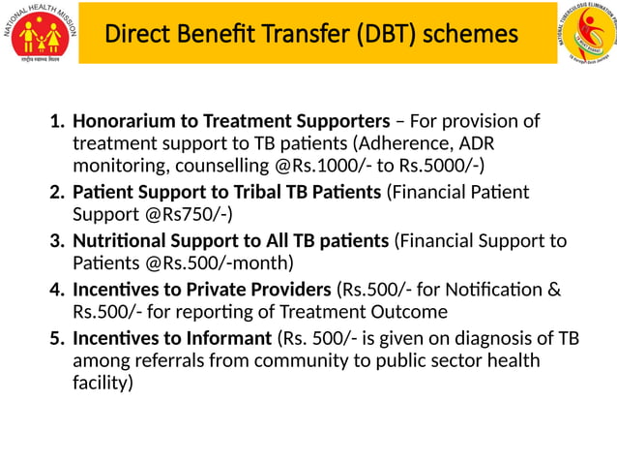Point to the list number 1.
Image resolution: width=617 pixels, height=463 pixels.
pos(56,122)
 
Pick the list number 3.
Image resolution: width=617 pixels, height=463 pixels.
pos(56,240)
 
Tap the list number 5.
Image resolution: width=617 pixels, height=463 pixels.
pos(56,339)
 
